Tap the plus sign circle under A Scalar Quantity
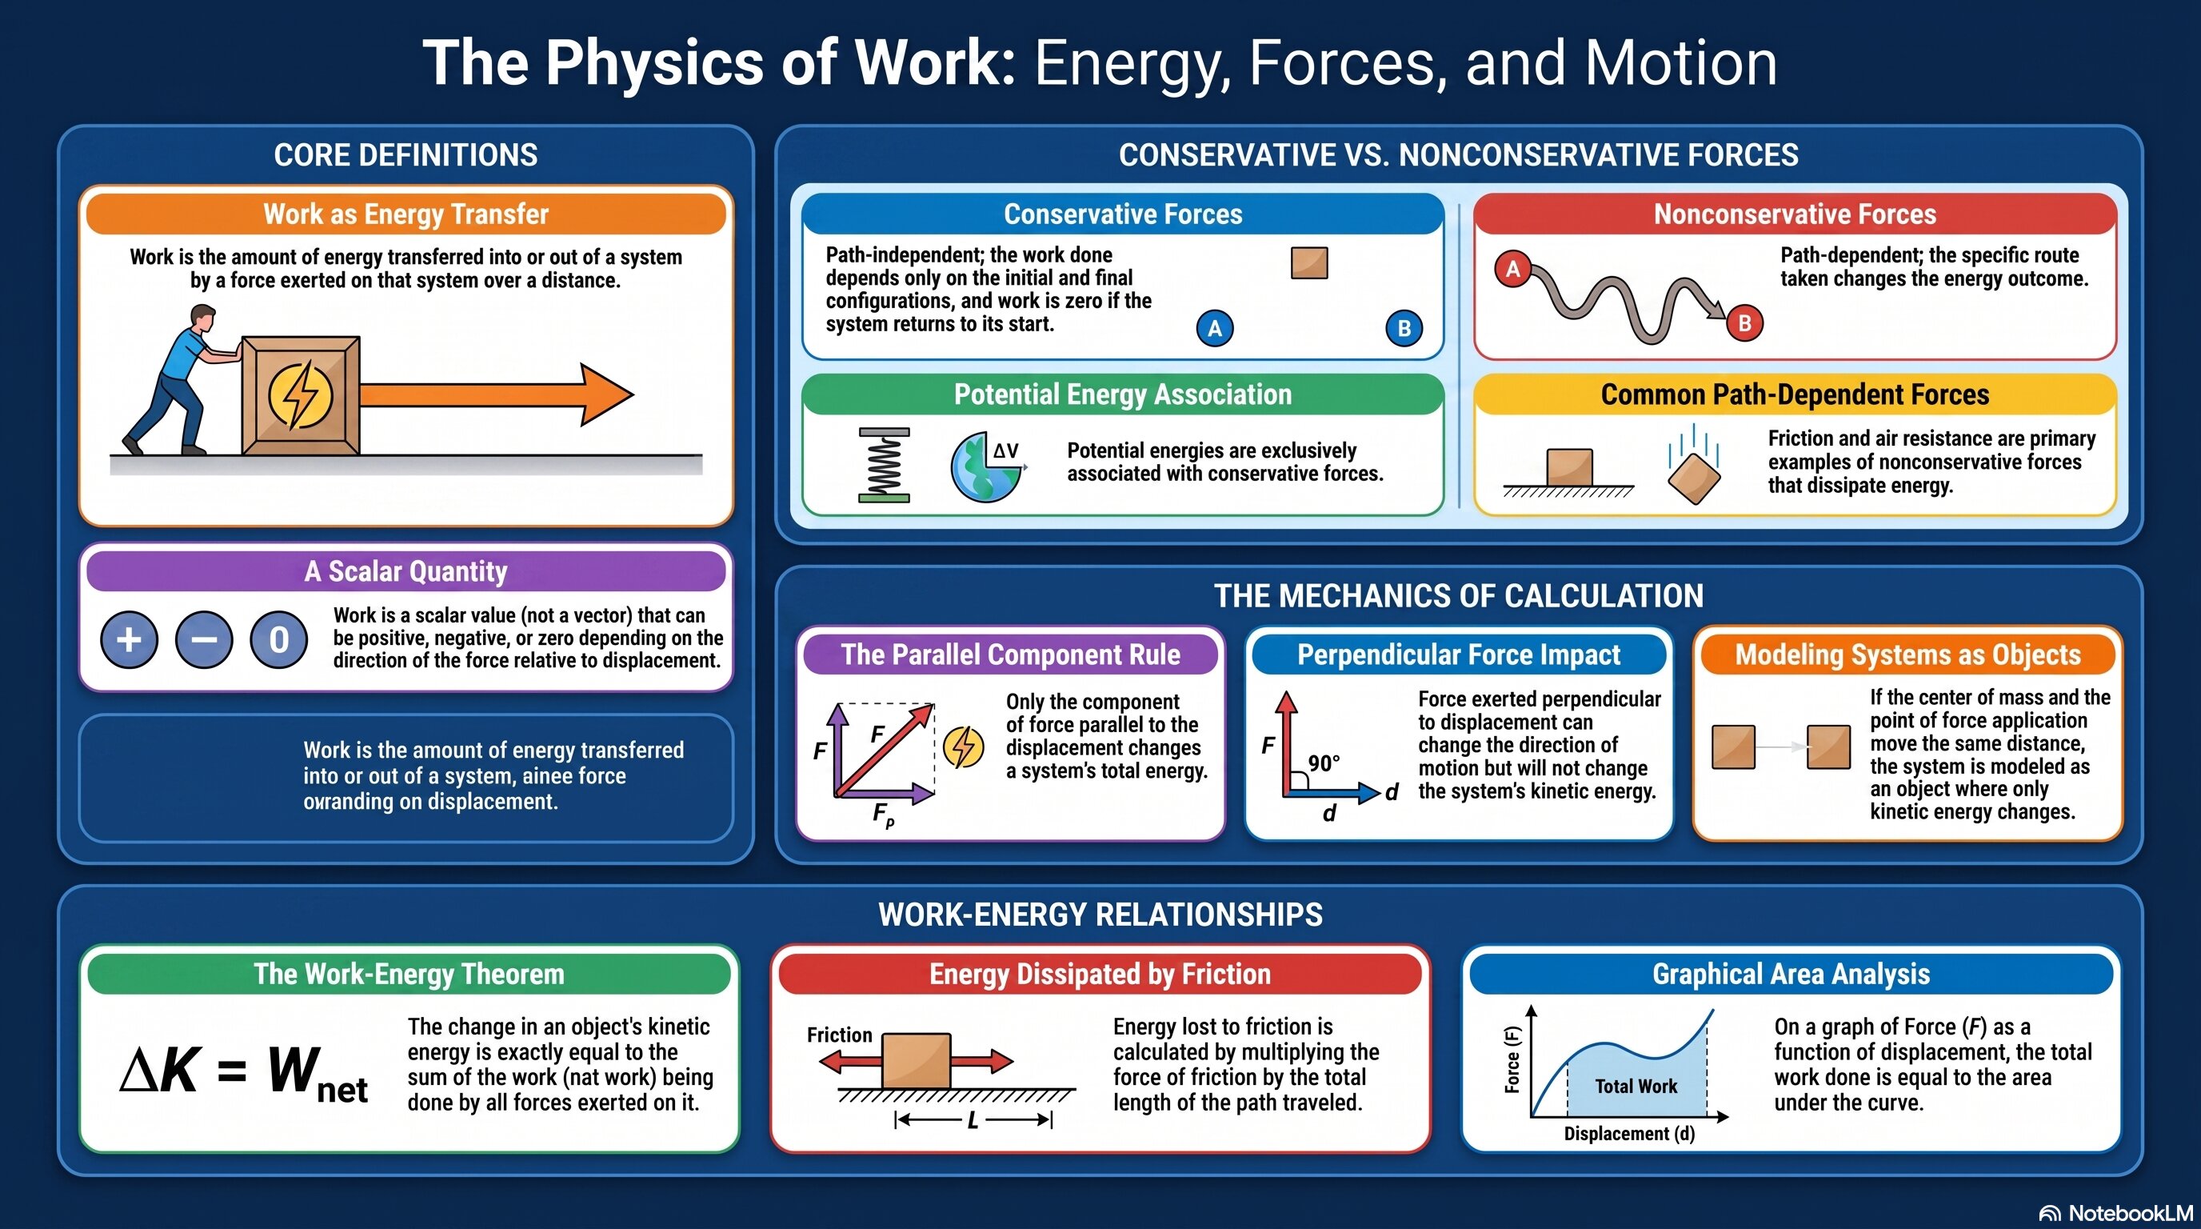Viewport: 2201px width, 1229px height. (x=129, y=639)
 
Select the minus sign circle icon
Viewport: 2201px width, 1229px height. (x=203, y=639)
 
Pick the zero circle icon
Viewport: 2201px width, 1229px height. (x=278, y=639)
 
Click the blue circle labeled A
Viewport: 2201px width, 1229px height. (x=1215, y=328)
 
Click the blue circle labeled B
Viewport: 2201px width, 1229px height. (x=1404, y=328)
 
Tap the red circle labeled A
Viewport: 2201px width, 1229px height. (x=1512, y=269)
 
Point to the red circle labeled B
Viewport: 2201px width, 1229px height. (x=1745, y=323)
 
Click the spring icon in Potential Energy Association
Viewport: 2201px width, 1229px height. (x=884, y=465)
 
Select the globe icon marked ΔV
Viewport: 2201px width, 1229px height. (x=986, y=466)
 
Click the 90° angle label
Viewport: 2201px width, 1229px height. (x=1324, y=763)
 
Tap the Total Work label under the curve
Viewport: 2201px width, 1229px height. (x=1636, y=1087)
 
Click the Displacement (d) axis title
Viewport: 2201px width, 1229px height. (x=1629, y=1133)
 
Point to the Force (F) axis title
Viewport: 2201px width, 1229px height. (x=1512, y=1060)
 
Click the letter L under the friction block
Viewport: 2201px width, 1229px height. (x=973, y=1120)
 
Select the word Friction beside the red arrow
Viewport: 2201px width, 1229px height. (x=840, y=1035)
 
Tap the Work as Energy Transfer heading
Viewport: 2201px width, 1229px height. (x=405, y=214)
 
